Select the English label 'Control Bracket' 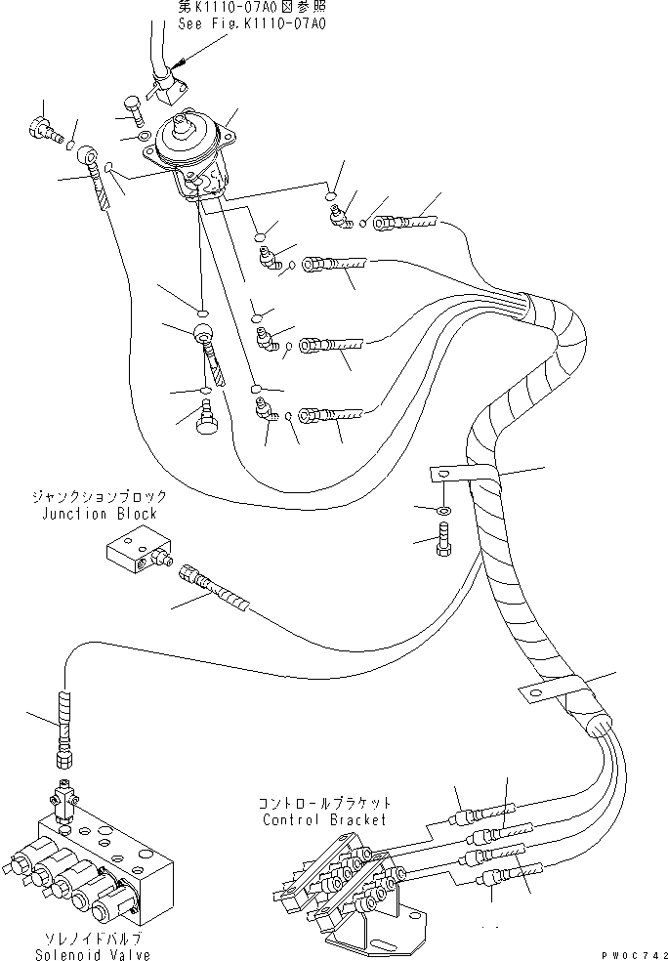(x=324, y=820)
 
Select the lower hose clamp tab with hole (x=529, y=692)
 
